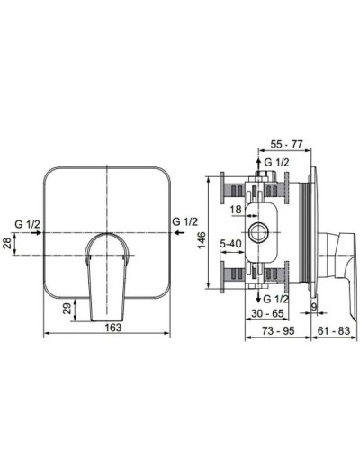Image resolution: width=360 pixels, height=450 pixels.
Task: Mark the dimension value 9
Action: pyautogui.click(x=311, y=308)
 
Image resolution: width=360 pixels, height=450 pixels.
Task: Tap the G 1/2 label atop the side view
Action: pyautogui.click(x=278, y=163)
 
